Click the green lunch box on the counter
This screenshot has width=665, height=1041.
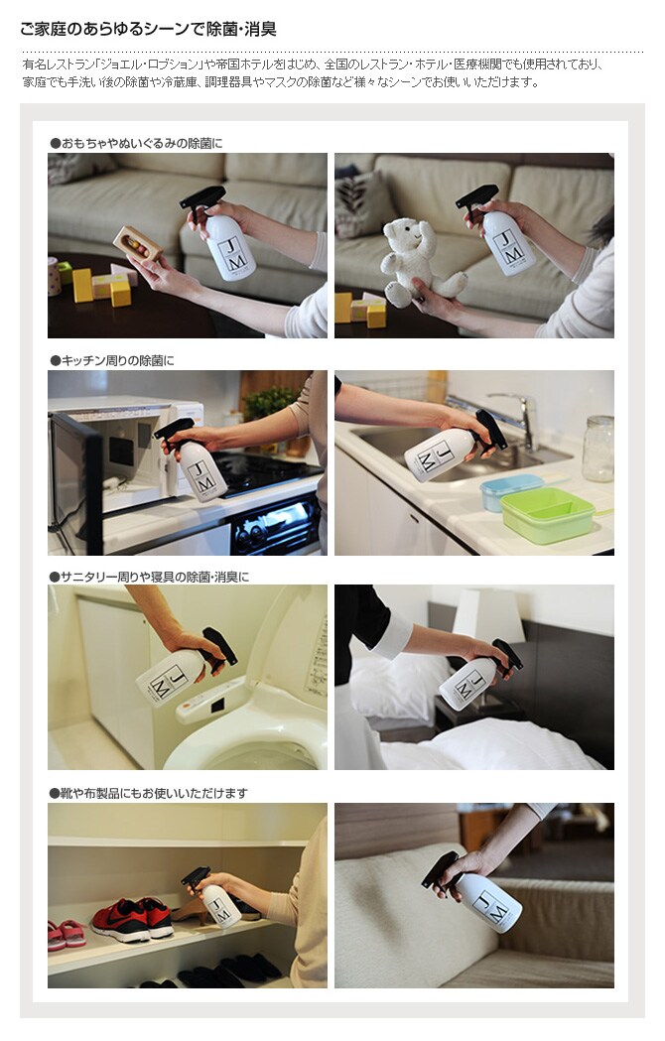point(548,515)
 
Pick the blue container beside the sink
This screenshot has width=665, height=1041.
point(511,492)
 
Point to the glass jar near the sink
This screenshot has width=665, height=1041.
point(598,449)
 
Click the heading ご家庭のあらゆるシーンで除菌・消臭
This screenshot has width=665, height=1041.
point(148,29)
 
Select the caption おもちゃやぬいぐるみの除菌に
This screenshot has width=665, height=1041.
point(136,144)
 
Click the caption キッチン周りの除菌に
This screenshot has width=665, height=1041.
point(111,360)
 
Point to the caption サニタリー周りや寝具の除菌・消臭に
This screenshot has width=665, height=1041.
point(149,577)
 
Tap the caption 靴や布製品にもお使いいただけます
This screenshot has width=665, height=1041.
point(148,793)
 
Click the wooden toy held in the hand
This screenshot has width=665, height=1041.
point(138,244)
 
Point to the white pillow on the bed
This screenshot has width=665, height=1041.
point(392,687)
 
